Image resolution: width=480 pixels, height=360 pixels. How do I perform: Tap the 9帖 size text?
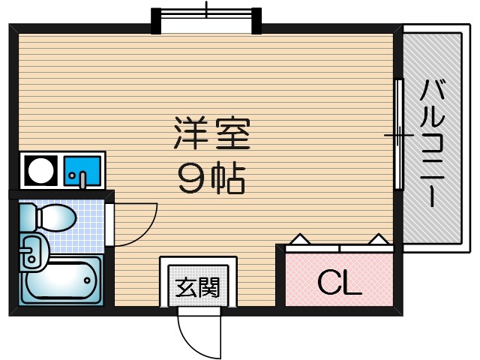point(211,178)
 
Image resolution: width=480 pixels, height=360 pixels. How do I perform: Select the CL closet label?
point(339,282)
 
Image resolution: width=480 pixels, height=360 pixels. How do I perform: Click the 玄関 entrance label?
point(198,286)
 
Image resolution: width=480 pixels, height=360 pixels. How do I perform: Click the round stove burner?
point(40,172)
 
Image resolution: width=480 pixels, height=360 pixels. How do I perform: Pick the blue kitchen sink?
point(82,172)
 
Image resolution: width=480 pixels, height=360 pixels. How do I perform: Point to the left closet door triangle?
point(300,239)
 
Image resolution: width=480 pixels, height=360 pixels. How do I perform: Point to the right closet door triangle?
point(379,239)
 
